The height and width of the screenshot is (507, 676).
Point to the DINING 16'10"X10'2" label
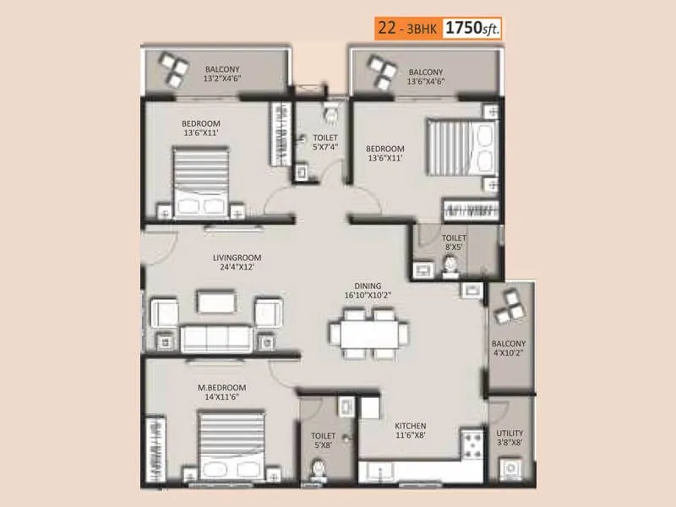(368, 291)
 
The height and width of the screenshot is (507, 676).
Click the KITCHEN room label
(410, 431)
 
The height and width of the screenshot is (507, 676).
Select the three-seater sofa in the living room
(216, 337)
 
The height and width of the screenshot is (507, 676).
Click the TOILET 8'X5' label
(454, 243)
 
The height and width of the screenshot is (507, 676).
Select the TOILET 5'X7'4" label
(325, 143)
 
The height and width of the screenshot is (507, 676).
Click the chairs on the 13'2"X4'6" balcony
(175, 68)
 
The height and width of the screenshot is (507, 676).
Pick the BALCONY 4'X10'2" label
(509, 349)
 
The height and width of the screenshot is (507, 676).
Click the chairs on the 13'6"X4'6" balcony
(377, 68)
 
